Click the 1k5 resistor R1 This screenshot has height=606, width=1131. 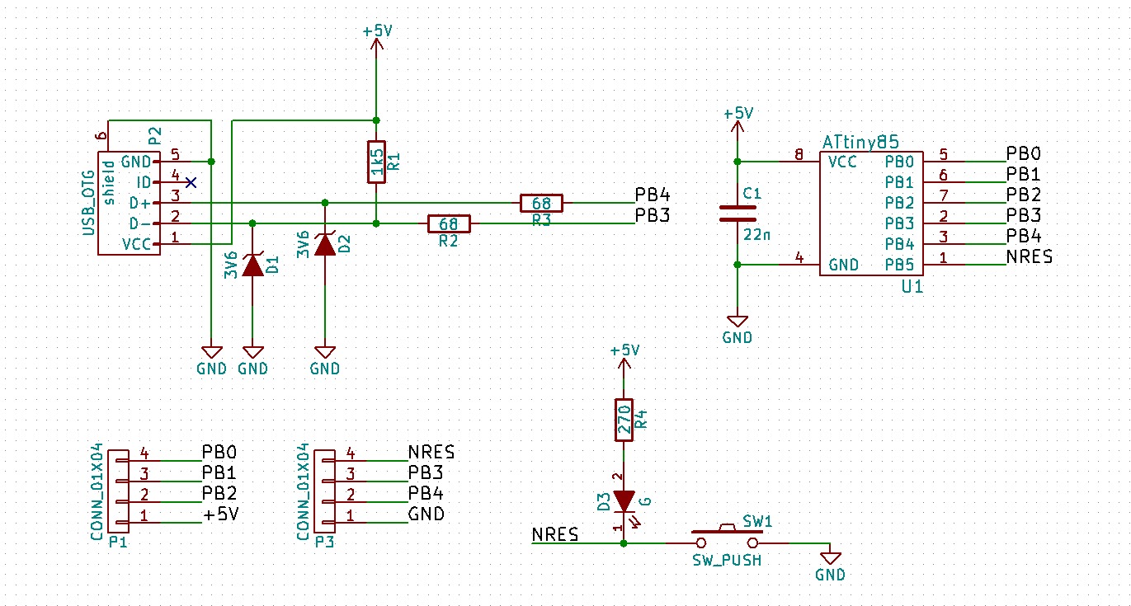click(376, 162)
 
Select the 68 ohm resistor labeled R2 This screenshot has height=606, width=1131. click(449, 223)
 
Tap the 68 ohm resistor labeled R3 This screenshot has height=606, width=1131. click(541, 203)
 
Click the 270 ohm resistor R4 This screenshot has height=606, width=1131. click(624, 420)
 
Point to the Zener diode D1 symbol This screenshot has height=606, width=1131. click(252, 265)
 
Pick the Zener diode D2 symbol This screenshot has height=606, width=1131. click(325, 244)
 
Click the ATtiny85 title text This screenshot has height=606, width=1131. click(860, 143)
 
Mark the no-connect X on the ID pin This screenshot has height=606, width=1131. click(191, 182)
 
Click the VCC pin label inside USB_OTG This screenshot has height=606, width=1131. click(137, 244)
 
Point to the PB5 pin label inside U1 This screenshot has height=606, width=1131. click(899, 265)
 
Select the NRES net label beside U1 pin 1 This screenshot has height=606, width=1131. click(1029, 256)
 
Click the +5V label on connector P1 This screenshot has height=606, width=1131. click(220, 514)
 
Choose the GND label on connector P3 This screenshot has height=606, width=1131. click(426, 514)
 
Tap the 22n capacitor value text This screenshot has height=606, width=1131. click(756, 234)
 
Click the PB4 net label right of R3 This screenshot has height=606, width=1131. click(652, 195)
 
